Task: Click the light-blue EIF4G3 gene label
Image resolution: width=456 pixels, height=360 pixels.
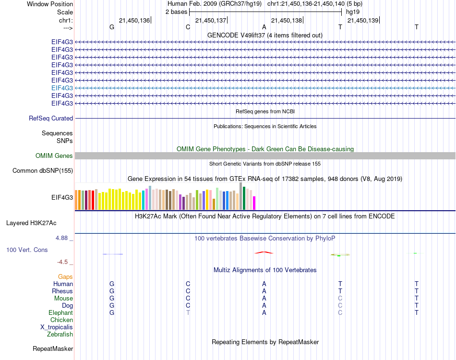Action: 62,88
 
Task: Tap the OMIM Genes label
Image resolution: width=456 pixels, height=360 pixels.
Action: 54,156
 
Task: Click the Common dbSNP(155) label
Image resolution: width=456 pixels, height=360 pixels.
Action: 43,170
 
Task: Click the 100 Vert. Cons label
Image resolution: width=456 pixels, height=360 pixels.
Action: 27,250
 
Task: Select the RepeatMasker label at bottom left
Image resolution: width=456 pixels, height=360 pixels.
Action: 53,348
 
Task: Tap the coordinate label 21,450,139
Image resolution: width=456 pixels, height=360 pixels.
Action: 362,20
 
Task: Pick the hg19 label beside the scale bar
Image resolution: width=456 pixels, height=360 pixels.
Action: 353,11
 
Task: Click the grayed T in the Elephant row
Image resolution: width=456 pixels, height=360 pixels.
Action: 188,312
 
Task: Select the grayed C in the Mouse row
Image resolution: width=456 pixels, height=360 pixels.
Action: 340,298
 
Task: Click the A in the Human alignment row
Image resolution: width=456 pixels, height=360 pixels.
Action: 264,284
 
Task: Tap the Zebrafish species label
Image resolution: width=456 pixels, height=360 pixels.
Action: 60,334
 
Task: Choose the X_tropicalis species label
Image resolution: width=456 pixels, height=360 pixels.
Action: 57,327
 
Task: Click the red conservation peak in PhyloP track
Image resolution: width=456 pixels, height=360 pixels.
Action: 264,252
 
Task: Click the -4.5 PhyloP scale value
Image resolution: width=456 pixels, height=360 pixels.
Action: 63,262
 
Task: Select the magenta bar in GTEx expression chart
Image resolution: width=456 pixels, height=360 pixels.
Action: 254,203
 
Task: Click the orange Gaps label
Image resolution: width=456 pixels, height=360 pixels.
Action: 65,276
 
